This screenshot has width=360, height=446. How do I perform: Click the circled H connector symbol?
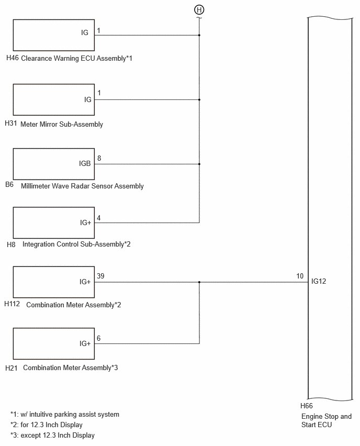(199, 10)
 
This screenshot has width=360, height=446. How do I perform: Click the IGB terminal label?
(85, 163)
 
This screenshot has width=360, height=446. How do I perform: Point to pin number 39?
(100, 276)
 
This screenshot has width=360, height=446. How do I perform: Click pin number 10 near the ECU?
(300, 276)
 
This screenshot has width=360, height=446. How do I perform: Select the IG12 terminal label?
(319, 281)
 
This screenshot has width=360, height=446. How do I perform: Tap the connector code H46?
(12, 58)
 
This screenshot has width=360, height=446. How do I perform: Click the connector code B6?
(9, 185)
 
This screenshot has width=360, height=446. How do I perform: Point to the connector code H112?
(12, 304)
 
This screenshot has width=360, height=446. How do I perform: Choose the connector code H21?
(11, 368)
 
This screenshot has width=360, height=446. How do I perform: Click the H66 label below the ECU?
(306, 406)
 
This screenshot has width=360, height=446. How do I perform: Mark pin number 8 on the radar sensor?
(99, 158)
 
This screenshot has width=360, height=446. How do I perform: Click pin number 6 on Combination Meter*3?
(98, 338)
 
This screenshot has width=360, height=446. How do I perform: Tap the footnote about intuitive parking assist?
(65, 415)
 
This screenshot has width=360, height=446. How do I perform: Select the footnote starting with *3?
(53, 435)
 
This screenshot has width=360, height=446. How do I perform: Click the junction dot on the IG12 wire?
(199, 282)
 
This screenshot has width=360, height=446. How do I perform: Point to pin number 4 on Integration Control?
(98, 218)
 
